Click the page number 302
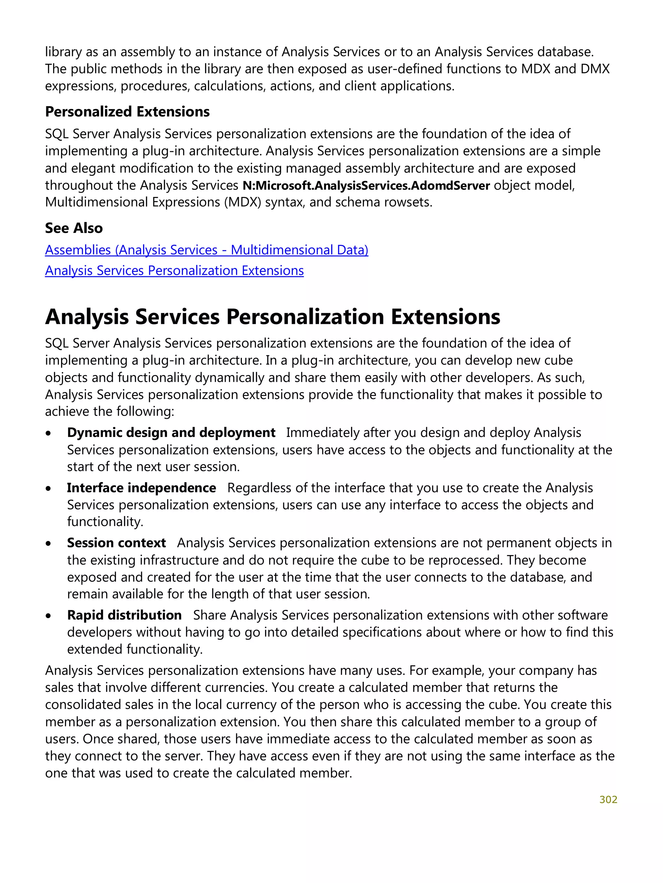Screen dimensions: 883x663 [x=608, y=799]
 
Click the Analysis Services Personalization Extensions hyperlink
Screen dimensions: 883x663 [x=174, y=271]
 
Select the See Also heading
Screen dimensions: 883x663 [x=74, y=228]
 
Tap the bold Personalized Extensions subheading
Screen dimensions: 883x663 [x=127, y=112]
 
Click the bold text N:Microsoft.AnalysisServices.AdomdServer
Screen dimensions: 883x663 [x=366, y=186]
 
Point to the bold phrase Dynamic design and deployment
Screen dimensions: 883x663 [x=171, y=433]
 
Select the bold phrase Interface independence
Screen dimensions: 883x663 [x=141, y=488]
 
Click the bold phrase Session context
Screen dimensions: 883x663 [x=116, y=543]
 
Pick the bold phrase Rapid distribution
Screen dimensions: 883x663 [x=124, y=615]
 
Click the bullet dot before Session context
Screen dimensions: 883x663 [x=48, y=544]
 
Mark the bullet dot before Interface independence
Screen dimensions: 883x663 [x=48, y=488]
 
